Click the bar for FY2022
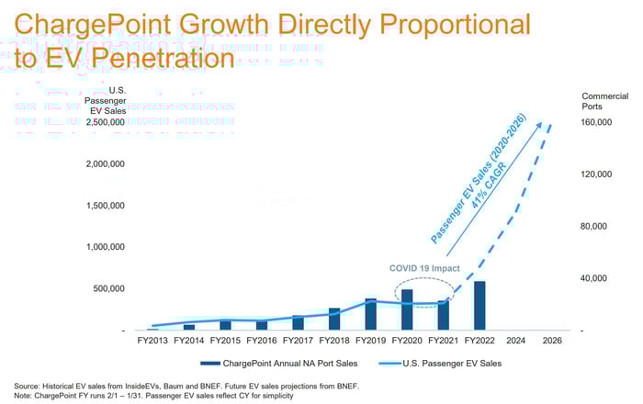(479, 306)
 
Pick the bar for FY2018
(334, 319)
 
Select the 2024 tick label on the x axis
(514, 339)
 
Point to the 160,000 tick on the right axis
(597, 122)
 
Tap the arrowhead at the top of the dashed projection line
(550, 126)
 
